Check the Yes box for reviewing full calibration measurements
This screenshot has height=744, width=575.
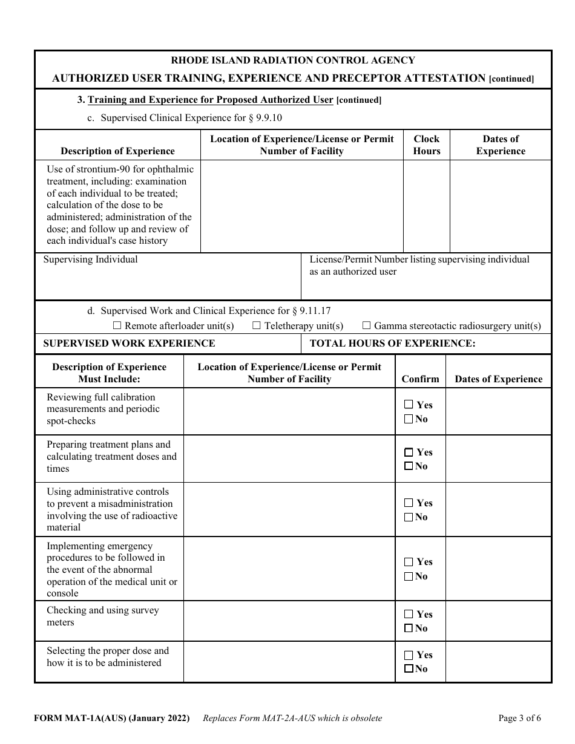click(409, 405)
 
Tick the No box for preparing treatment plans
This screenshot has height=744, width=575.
click(409, 466)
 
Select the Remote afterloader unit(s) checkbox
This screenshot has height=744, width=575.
click(117, 326)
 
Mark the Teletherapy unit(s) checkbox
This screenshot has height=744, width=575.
click(257, 326)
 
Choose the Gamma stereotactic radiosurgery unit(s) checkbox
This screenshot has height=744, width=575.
click(366, 326)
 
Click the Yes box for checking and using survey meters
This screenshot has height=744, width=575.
click(409, 614)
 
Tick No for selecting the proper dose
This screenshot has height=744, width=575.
click(409, 669)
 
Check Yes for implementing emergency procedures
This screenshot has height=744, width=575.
click(409, 562)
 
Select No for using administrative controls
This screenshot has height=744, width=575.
click(409, 517)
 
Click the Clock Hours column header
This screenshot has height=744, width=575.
click(427, 145)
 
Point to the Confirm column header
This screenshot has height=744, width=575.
click(420, 379)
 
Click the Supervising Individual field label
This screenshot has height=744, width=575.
click(90, 259)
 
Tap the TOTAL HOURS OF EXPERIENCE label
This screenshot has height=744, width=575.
click(392, 344)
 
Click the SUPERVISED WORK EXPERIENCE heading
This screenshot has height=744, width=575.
click(129, 344)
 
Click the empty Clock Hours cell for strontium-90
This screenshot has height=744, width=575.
click(427, 206)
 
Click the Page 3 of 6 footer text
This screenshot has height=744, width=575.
click(519, 719)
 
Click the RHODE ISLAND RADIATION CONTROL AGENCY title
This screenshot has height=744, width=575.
click(293, 60)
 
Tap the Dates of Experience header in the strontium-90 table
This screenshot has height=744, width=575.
click(501, 145)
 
